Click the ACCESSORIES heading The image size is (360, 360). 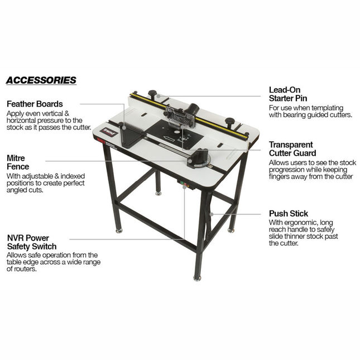(41, 80)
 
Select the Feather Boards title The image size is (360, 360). (34, 104)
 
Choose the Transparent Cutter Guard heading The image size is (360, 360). (292, 148)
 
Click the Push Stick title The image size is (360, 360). (288, 213)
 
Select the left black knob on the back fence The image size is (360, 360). (152, 93)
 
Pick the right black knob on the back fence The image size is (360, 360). (229, 121)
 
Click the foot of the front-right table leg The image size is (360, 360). (197, 277)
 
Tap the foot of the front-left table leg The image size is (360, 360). (118, 229)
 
